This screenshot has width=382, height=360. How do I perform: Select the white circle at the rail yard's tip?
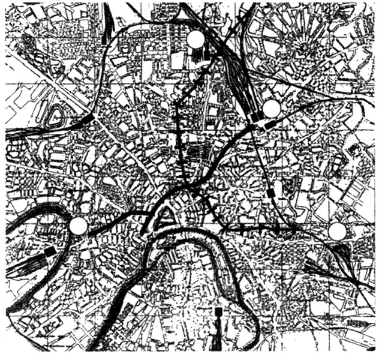(272, 109)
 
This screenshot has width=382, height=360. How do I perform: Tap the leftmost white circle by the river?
(78, 226)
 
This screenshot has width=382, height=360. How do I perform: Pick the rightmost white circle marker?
(338, 232)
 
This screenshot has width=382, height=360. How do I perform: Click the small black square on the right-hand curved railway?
(273, 193)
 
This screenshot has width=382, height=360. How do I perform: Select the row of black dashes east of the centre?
(252, 229)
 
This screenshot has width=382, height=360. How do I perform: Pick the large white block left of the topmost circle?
(178, 60)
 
